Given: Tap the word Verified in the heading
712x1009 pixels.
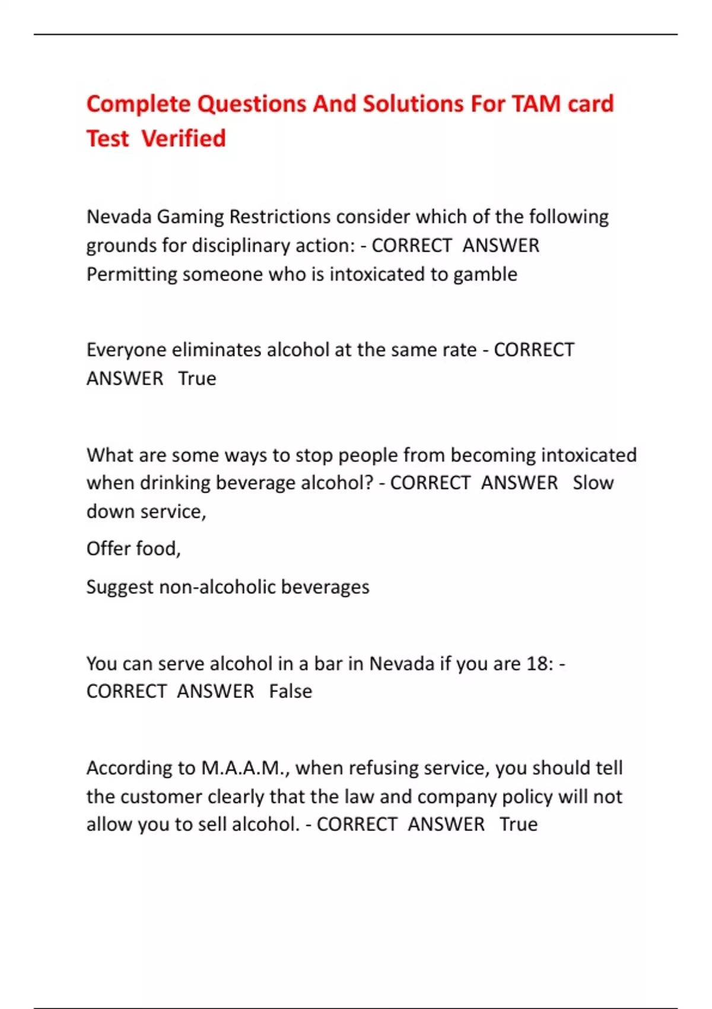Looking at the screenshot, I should point(183,138).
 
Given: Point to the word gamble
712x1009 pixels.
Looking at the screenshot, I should point(485,274).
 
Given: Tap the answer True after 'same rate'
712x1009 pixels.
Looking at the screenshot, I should point(197,378).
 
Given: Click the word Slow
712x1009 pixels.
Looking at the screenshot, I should point(593,483).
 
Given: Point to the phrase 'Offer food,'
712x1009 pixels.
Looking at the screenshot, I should point(133,548).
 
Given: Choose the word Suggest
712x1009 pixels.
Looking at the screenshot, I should point(119,587).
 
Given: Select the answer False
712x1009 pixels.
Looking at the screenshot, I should point(290,691).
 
